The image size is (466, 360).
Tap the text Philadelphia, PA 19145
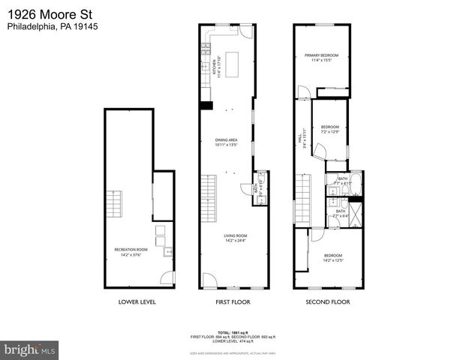tap(53, 26)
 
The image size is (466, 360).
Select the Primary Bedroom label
tap(321, 58)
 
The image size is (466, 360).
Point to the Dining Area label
tap(226, 142)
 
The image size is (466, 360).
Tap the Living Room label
tap(235, 238)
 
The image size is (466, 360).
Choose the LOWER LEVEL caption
tap(137, 302)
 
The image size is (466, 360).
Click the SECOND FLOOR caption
tap(327, 302)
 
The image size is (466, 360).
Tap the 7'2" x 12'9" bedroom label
tap(330, 130)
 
